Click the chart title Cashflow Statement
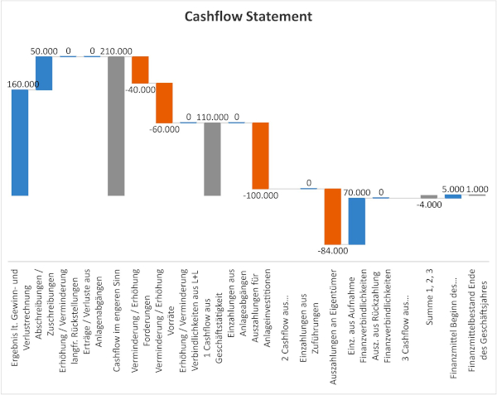248,17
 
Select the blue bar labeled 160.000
20,142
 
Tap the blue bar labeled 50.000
44,73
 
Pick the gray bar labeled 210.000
116,126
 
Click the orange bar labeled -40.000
140,70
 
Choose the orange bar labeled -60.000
164,103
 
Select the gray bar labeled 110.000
212,159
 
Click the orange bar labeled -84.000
332,217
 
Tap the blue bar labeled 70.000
356,221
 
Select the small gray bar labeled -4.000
428,197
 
